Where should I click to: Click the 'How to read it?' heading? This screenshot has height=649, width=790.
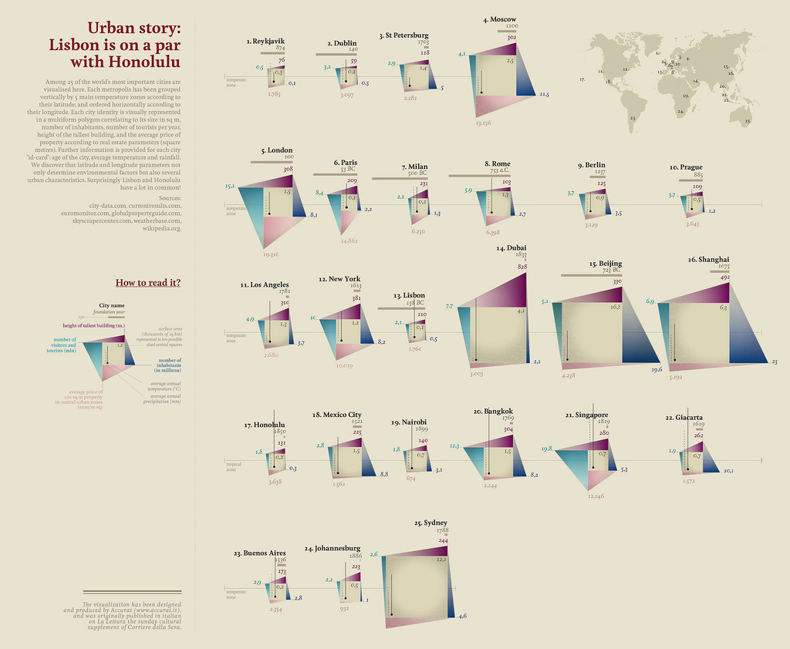(x=148, y=282)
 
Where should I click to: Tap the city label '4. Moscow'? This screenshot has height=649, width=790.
(x=499, y=19)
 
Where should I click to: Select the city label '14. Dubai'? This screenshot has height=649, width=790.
(x=511, y=248)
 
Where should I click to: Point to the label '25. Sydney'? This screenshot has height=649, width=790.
(x=430, y=523)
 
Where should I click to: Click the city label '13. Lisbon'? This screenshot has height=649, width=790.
(x=409, y=295)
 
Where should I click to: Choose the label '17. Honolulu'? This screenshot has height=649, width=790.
(x=265, y=425)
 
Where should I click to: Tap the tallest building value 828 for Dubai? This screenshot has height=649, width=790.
(x=522, y=266)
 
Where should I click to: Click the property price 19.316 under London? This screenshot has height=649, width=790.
(x=270, y=254)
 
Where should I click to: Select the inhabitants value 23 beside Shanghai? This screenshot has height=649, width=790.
(x=774, y=361)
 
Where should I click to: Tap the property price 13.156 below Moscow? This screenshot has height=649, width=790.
(x=484, y=123)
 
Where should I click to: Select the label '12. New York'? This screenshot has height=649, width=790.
(x=339, y=279)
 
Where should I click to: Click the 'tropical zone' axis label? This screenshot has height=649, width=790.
(x=234, y=466)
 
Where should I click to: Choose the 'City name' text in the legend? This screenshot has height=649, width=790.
(x=112, y=305)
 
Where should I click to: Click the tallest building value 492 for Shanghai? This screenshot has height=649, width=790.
(x=724, y=277)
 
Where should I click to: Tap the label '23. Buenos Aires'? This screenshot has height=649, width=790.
(x=260, y=553)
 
